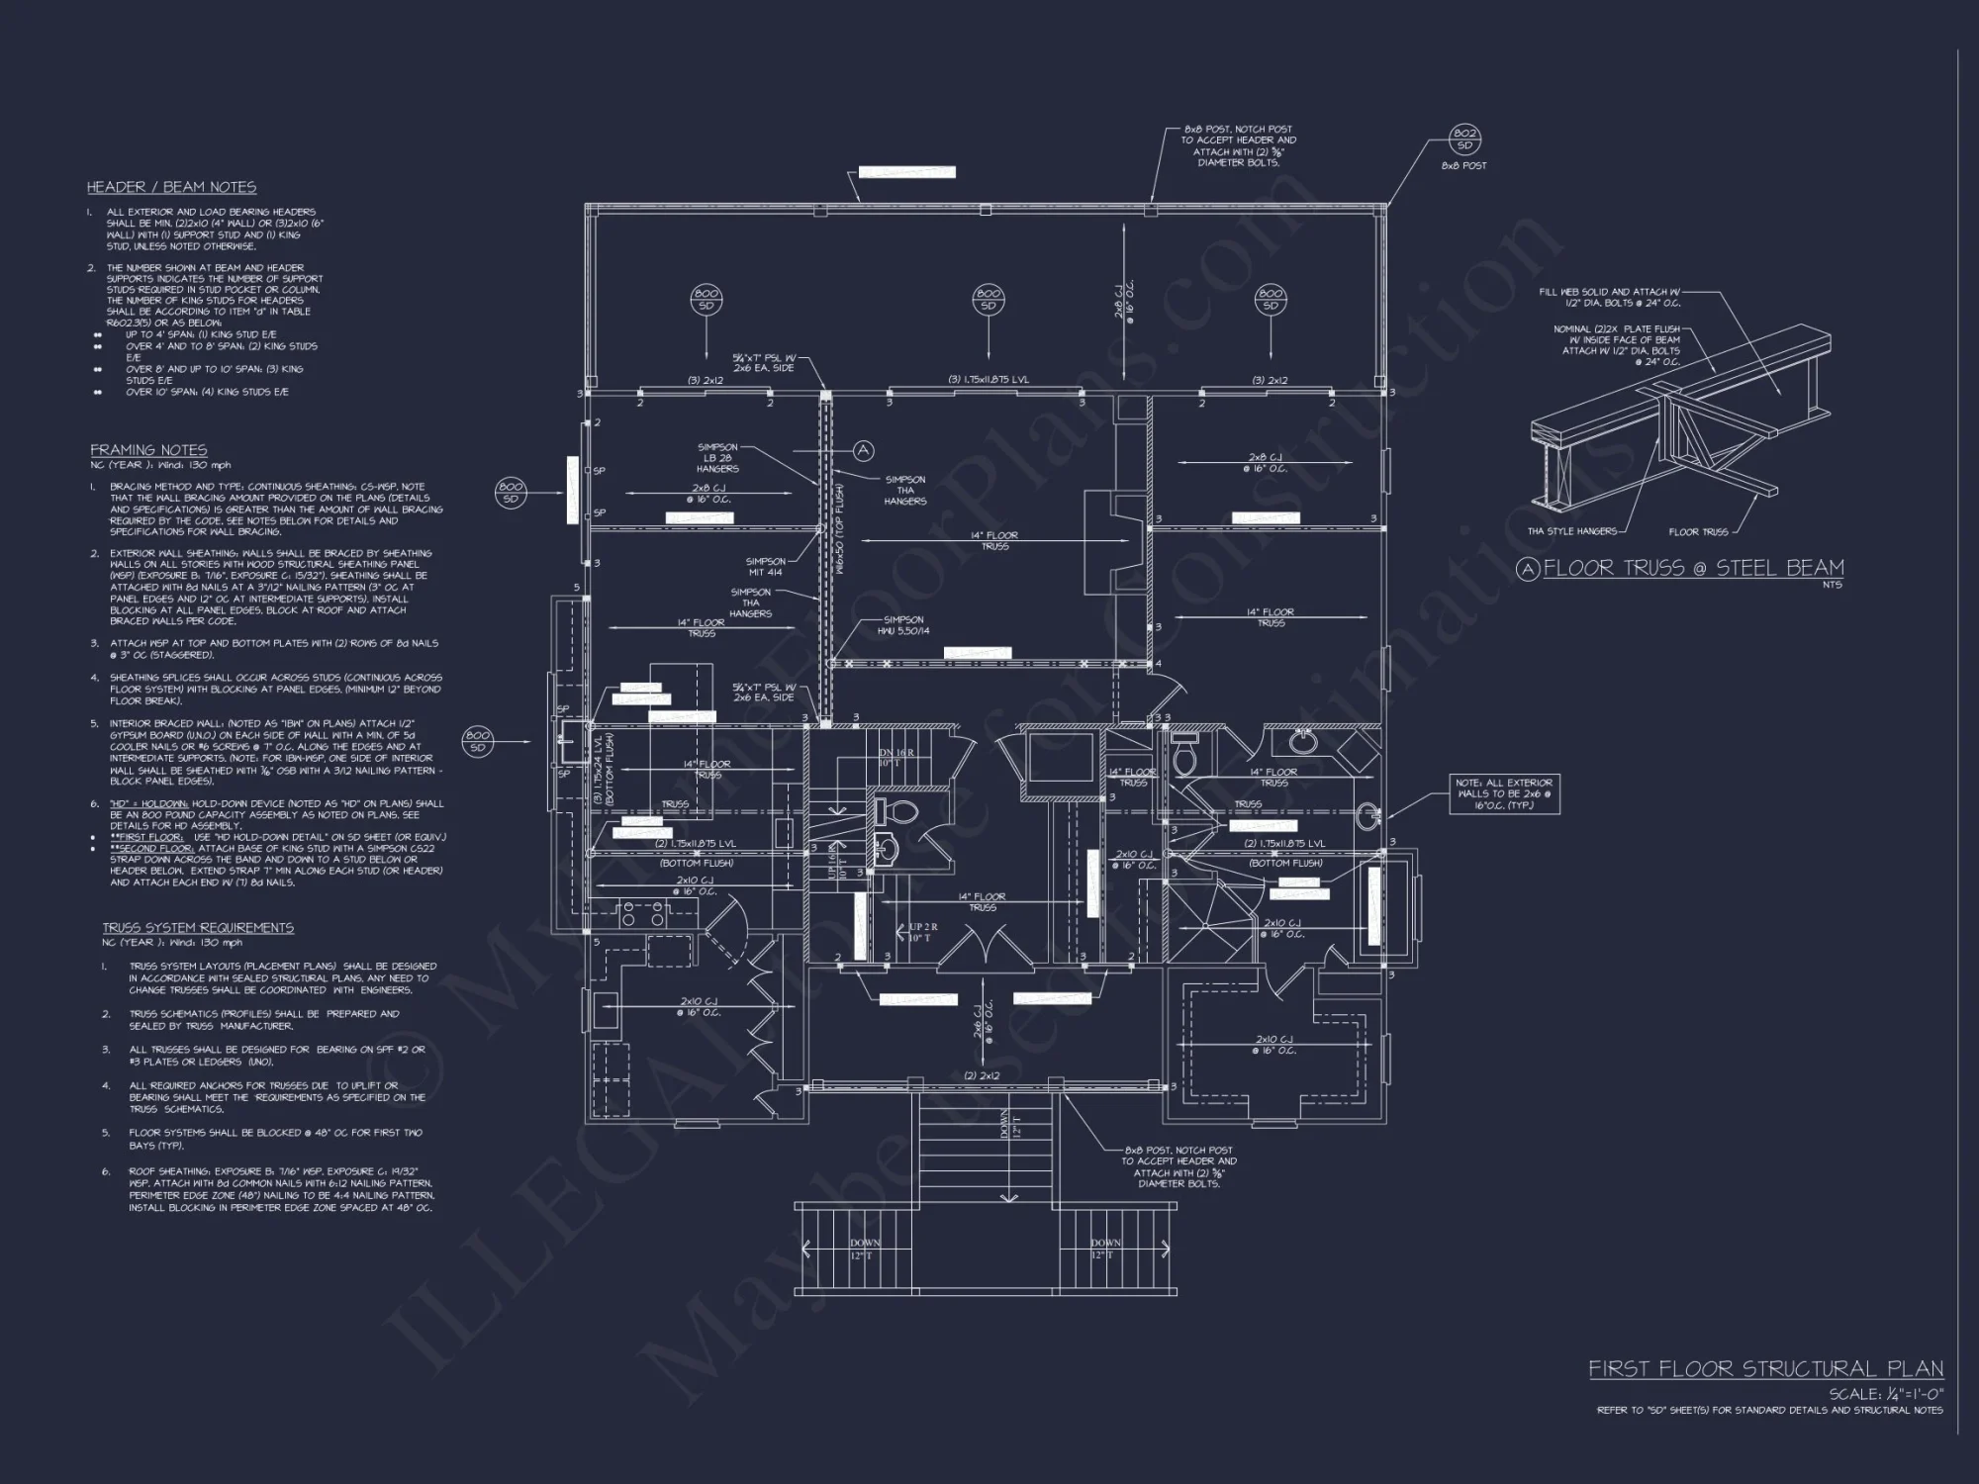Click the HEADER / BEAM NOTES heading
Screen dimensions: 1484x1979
tap(171, 187)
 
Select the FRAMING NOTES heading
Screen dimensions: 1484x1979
tap(148, 450)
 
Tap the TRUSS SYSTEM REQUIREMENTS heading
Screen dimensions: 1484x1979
tap(198, 928)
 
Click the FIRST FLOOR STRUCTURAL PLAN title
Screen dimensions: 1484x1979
tap(1765, 1369)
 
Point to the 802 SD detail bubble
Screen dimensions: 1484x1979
tap(1463, 139)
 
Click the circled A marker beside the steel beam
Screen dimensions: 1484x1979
tap(863, 451)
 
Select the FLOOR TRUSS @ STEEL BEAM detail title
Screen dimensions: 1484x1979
tap(1693, 568)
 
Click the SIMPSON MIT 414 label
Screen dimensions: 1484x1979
tap(765, 567)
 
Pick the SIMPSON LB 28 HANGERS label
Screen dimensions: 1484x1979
tap(716, 458)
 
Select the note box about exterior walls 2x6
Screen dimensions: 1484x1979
tap(1504, 794)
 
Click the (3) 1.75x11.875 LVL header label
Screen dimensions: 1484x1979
tap(989, 380)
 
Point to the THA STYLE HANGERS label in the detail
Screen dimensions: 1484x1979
tap(1571, 531)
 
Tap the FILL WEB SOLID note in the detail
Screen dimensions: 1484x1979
tap(1609, 298)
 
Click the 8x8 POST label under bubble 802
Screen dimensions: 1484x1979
tap(1463, 166)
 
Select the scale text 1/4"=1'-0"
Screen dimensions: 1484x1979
tap(1886, 1394)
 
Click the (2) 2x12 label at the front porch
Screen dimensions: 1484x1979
tap(982, 1075)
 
